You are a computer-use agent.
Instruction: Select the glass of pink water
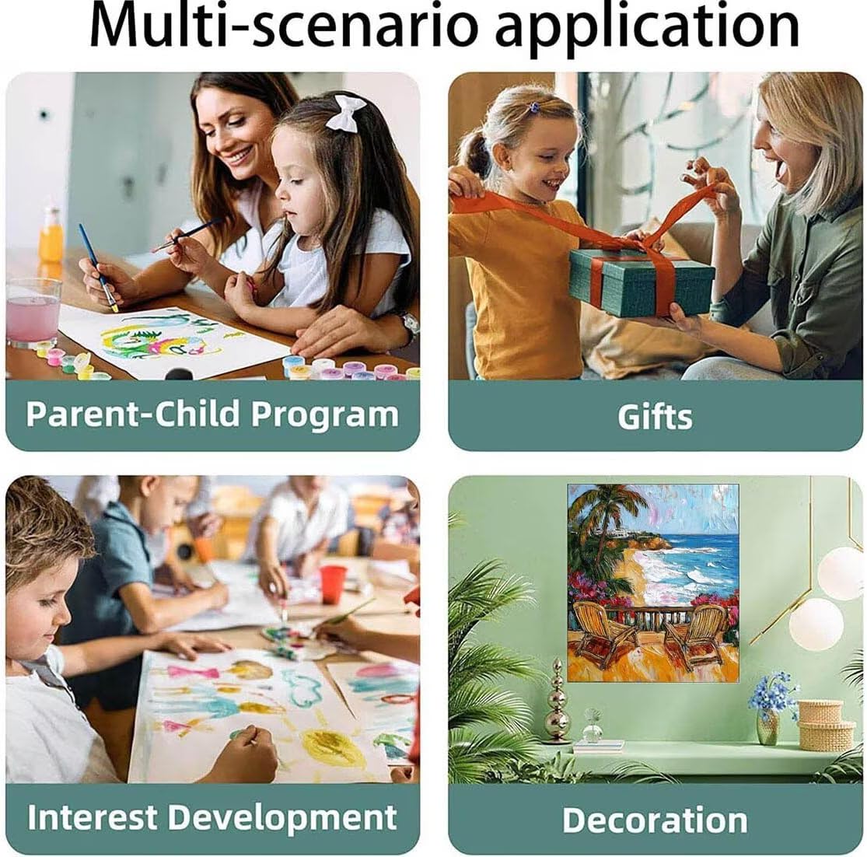(x=33, y=313)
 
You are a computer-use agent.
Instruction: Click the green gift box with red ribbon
(x=642, y=281)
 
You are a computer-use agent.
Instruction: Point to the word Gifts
(x=655, y=416)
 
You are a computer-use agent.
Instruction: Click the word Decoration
(x=655, y=820)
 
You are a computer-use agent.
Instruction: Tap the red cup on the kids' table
(x=332, y=584)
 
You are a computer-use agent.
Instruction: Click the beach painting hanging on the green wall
(x=653, y=582)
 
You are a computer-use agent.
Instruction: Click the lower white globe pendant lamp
(x=816, y=624)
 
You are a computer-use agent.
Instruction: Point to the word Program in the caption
(x=324, y=416)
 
